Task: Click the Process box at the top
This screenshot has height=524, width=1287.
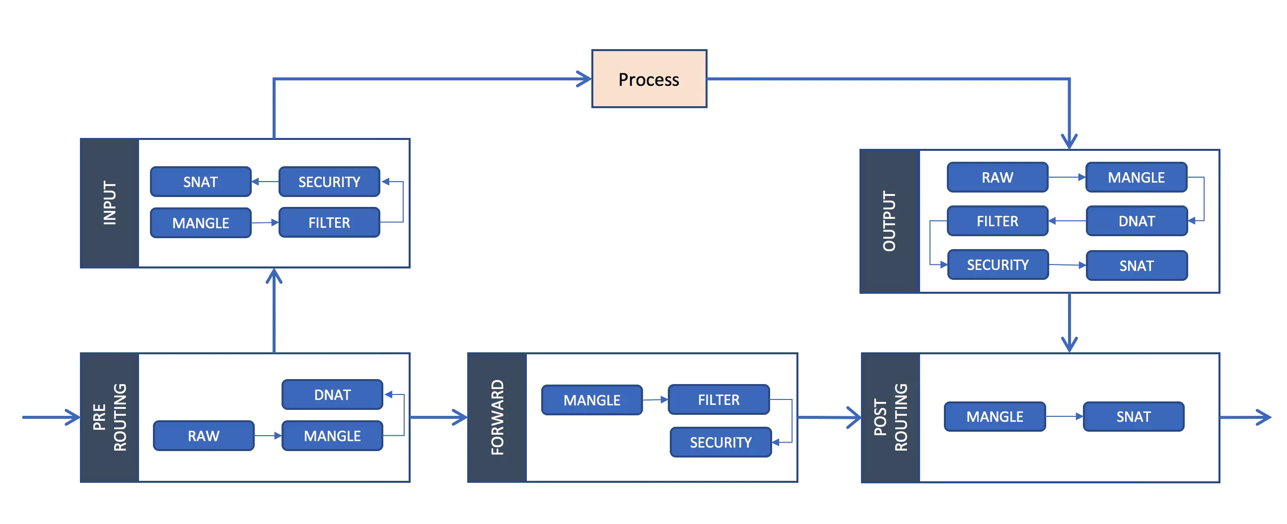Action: pos(648,79)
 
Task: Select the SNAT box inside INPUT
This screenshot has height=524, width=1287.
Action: pos(200,182)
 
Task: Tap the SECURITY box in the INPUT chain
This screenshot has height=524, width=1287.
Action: pos(329,182)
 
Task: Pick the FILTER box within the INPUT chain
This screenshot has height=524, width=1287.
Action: pos(329,222)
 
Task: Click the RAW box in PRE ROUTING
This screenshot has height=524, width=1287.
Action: pos(204,436)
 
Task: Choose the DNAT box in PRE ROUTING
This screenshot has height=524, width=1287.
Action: pos(332,394)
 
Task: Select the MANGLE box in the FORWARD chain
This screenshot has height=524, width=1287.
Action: pos(591,399)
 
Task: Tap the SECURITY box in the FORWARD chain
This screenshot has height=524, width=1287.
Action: pos(720,442)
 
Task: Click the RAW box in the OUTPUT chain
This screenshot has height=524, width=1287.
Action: pos(997,177)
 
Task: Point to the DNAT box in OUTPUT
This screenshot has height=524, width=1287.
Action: pos(1136,221)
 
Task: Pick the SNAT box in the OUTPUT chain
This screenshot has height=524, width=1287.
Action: pos(1136,265)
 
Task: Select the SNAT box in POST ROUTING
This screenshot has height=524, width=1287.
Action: pos(1133,416)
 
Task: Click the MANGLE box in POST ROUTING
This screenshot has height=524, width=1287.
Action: pos(994,416)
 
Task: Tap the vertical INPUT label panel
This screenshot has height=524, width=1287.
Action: pos(109,203)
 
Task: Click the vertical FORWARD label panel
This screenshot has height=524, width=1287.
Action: pos(497,418)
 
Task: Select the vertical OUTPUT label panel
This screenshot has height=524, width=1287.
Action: pos(889,221)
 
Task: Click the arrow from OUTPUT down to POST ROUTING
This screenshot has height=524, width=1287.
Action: pos(1069,322)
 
